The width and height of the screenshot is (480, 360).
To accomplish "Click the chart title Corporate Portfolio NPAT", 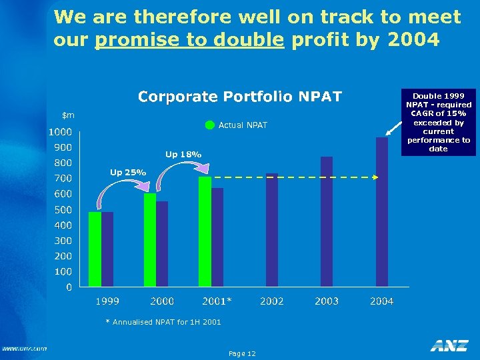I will coord(239,97).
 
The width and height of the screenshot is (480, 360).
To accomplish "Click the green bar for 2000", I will coord(150,240).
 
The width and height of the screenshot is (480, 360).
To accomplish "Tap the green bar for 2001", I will coord(205,232).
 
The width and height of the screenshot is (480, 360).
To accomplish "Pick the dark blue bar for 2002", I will coord(272,230).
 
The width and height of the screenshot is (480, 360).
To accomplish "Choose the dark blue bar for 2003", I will coord(327,222).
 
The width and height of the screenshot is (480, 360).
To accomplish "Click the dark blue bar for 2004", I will coord(381,212).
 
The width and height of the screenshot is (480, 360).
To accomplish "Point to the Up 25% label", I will coord(128,173).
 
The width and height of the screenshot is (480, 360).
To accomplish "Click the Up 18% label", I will coord(183,155).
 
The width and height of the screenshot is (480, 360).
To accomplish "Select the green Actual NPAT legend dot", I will coord(210,125).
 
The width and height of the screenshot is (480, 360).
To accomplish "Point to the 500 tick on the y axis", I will coord(63,209).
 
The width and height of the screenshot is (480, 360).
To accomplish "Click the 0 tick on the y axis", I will coord(69,287).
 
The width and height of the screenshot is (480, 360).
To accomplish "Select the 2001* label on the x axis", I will coord(217,301).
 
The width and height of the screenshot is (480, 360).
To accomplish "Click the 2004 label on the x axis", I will coord(381,301).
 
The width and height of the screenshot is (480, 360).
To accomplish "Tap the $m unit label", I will coord(69,115).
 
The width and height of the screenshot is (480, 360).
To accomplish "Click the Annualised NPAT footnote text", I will coord(163,323).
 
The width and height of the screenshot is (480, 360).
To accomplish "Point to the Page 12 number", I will coord(241,353).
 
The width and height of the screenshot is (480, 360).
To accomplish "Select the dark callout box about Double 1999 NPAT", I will coord(438,123).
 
